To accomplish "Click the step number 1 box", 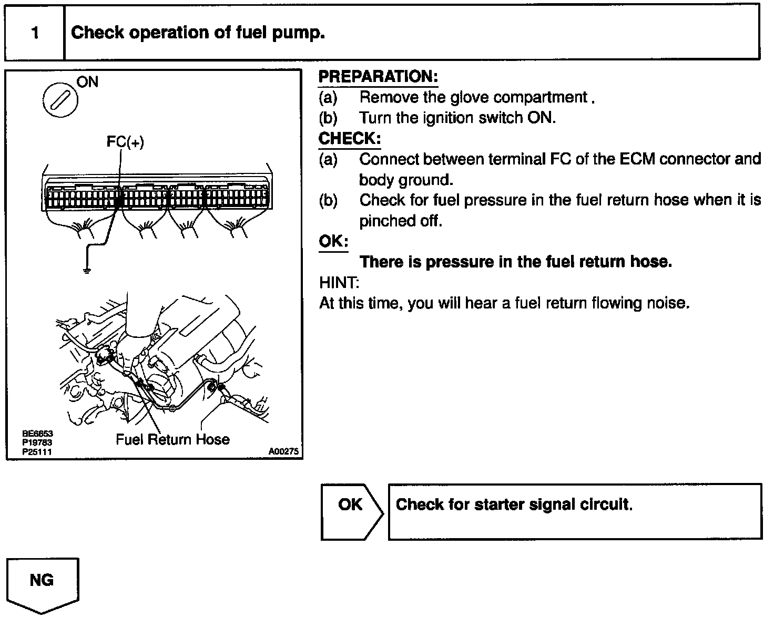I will [35, 33].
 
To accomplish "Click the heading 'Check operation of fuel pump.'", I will [198, 33].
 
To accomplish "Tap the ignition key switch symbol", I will [60, 99].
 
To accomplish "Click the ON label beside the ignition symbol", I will [87, 82].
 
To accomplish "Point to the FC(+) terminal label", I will [125, 142].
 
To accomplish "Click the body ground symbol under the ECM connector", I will [86, 271].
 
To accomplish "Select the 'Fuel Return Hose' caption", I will [172, 439].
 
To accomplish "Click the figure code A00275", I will [283, 451].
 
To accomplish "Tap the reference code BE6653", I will [37, 434].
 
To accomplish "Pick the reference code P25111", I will [37, 451].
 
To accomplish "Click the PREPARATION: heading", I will [378, 77].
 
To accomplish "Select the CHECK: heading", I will [350, 139].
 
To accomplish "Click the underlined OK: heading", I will [333, 241].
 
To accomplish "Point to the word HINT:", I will [339, 283].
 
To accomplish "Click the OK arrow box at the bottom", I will [351, 511].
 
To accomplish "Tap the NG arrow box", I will [42, 583].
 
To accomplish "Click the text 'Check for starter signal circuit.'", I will [514, 504].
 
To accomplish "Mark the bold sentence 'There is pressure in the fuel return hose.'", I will [515, 262].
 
